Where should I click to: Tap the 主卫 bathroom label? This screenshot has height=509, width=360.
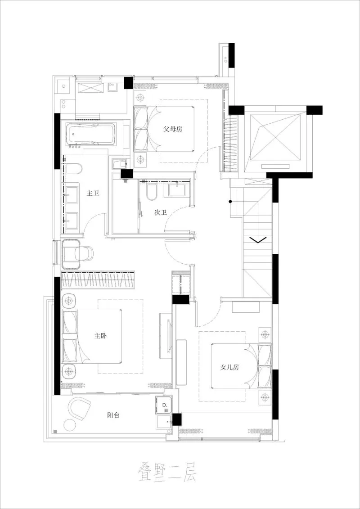click(93, 194)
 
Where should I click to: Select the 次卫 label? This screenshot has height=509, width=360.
click(161, 212)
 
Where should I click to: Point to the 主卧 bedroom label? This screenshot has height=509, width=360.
click(101, 336)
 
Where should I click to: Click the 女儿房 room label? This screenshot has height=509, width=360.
click(229, 367)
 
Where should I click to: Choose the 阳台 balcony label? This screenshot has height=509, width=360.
click(113, 415)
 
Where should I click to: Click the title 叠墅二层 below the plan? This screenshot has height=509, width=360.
click(167, 474)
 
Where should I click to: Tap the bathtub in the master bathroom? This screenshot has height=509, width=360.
click(91, 135)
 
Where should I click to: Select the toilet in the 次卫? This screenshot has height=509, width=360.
click(151, 193)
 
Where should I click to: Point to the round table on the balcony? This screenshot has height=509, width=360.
click(70, 425)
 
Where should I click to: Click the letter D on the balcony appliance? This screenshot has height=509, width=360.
click(164, 405)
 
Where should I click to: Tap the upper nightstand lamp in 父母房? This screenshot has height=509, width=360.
click(141, 97)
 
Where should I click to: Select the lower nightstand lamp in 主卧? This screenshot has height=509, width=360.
click(68, 372)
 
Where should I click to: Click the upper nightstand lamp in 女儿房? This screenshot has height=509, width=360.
click(264, 335)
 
